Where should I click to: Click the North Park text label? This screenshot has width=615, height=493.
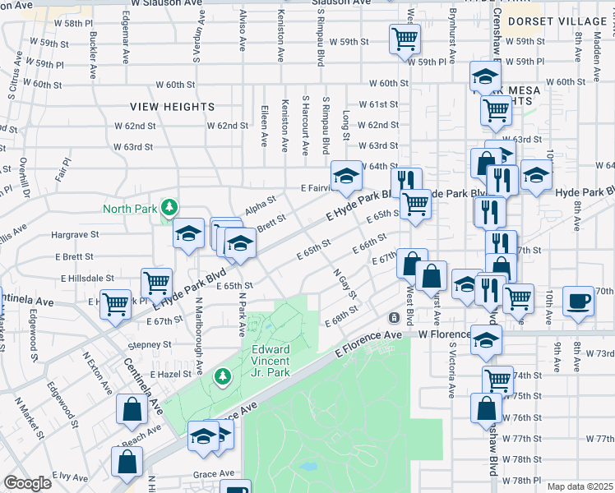click(x=129, y=209)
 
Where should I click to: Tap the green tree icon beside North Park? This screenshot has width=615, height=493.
click(x=169, y=206)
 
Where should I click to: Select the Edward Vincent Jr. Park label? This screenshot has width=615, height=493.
click(x=270, y=361)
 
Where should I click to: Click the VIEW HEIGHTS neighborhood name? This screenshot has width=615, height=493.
click(x=173, y=107)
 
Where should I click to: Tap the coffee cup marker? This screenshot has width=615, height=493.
click(x=578, y=300)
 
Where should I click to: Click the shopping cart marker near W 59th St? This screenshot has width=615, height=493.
click(x=404, y=38)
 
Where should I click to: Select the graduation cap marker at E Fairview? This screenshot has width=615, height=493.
click(x=346, y=174)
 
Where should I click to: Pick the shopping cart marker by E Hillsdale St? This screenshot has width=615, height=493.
click(x=156, y=282)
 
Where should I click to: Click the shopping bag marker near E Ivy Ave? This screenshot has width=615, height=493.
click(x=128, y=462)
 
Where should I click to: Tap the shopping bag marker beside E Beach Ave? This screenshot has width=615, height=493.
click(x=132, y=409)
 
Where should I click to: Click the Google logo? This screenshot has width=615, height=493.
click(x=27, y=483)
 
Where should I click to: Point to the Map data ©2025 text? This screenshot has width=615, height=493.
click(x=580, y=486)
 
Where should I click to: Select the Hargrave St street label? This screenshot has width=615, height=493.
click(x=75, y=234)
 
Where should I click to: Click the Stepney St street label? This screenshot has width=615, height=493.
click(x=148, y=345)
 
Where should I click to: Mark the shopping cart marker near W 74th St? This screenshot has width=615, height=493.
click(x=497, y=380)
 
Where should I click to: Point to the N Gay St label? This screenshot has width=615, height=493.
click(x=346, y=283)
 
